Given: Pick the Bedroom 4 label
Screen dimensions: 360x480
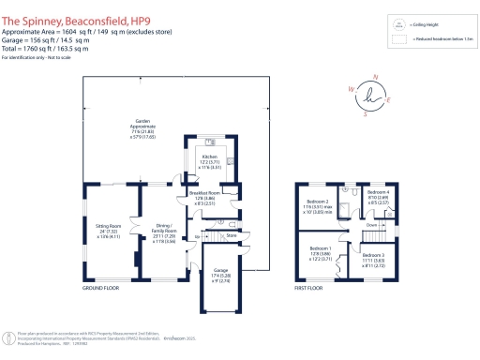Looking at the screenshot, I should [x=380, y=194].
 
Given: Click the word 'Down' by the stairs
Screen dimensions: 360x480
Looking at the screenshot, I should [x=371, y=225].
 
